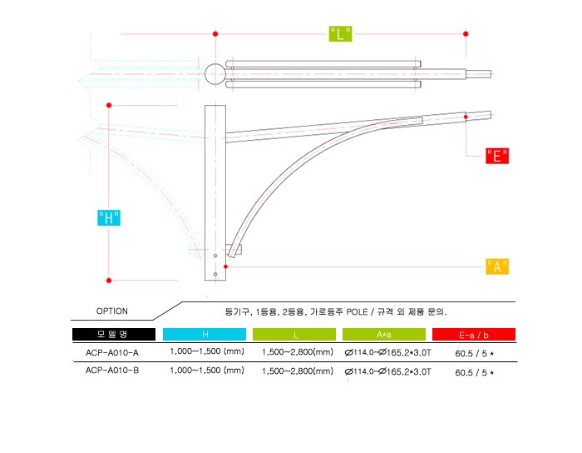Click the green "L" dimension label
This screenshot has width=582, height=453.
coord(340,34)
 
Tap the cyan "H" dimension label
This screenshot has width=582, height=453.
coord(109,218)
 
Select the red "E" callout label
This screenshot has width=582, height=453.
coord(497,156)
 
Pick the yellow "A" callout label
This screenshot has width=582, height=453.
coord(497,266)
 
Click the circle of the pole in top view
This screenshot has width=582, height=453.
coord(215,74)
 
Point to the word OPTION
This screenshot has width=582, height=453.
coord(111,311)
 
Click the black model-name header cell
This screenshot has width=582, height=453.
coord(114,334)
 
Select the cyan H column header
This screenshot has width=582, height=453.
coord(205,334)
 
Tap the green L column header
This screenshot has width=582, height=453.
coord(294,334)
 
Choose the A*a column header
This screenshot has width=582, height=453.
coord(384,334)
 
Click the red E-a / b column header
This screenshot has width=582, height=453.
coord(474,334)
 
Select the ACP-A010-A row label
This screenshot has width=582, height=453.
coord(112,352)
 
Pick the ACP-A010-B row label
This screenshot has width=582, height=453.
coord(112,371)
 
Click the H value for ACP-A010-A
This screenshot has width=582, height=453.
coord(207,351)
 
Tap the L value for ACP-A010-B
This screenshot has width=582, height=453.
coord(298,371)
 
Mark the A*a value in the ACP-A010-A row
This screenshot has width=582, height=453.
coord(388,352)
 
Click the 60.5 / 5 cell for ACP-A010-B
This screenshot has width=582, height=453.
coord(475,372)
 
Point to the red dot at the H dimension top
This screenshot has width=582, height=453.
coord(109,105)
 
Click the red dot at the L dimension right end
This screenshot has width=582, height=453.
coord(466,34)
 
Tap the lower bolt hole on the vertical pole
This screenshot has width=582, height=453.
coord(215,274)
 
